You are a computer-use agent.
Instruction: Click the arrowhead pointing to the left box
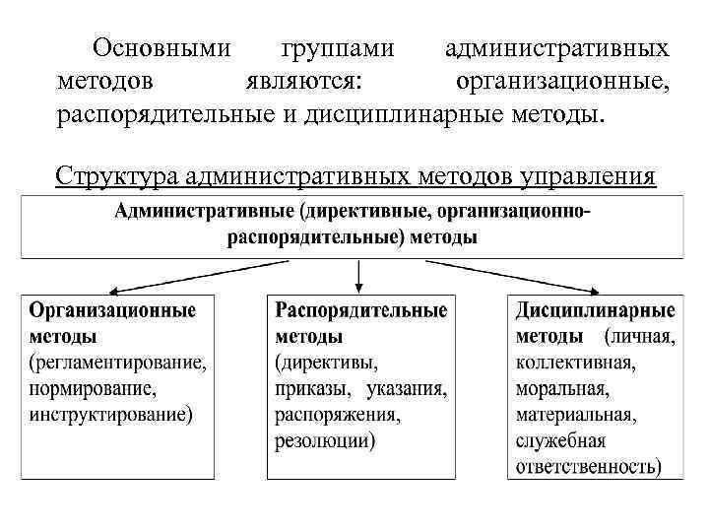tap(113, 292)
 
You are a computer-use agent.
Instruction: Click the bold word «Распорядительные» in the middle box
tap(360, 310)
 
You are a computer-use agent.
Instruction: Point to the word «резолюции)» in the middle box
tap(325, 439)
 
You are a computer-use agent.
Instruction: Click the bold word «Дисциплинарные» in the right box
tap(595, 310)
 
